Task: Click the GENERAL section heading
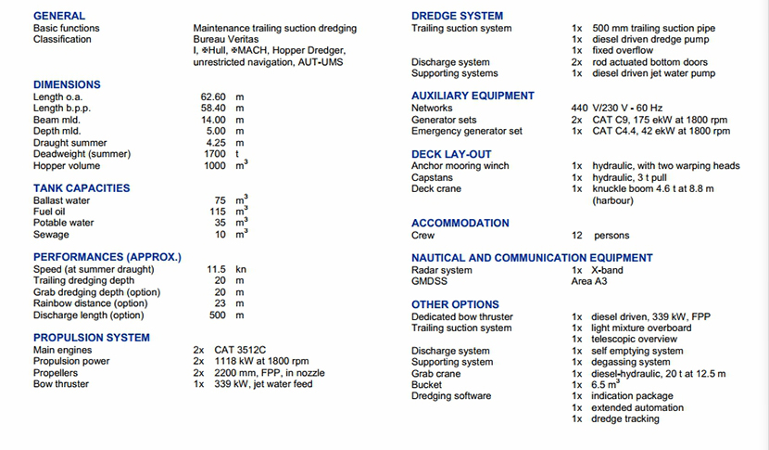click(59, 16)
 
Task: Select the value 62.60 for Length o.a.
click(214, 96)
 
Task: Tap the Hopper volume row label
click(67, 166)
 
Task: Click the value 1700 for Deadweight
click(215, 154)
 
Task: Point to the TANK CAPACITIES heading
click(82, 188)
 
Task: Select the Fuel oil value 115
click(218, 212)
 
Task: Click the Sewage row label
click(51, 235)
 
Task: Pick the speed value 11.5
click(216, 269)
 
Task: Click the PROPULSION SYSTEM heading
click(92, 338)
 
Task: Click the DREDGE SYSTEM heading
click(458, 16)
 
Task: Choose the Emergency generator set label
click(467, 132)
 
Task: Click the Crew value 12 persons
click(600, 236)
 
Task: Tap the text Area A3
click(589, 281)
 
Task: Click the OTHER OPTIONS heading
click(455, 304)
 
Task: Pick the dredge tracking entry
click(625, 419)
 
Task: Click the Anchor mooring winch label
click(460, 166)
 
